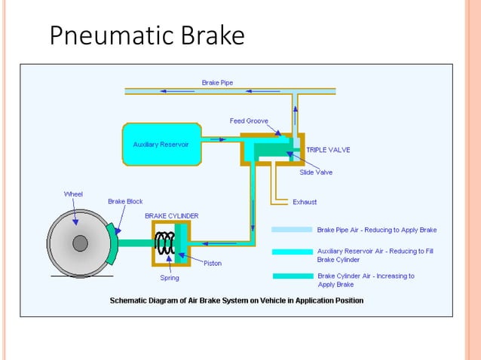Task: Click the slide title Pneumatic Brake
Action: (147, 35)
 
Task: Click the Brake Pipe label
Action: (217, 81)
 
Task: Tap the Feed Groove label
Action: (249, 121)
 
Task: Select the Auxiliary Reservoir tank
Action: (161, 144)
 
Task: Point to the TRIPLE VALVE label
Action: (328, 150)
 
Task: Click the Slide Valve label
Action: (316, 172)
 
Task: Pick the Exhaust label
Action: (305, 202)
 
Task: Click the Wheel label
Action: (73, 194)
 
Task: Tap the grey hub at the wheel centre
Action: (79, 243)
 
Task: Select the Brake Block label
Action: (125, 202)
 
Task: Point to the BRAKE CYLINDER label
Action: (172, 215)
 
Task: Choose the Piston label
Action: (213, 263)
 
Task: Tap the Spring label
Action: (169, 277)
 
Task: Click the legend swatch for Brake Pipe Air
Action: (292, 230)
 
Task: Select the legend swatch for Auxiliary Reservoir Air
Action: (292, 252)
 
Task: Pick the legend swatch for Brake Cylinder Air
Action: (292, 276)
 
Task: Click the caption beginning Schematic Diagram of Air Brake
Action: (237, 301)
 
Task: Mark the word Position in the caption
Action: (346, 301)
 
